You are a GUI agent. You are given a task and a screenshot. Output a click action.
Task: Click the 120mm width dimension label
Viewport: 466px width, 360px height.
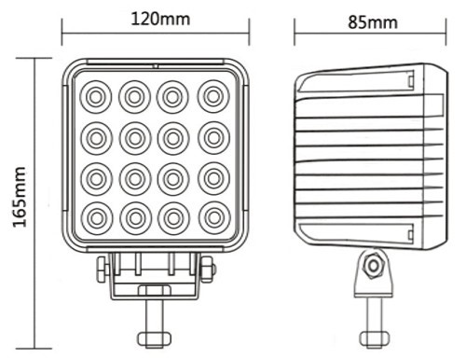pyautogui.click(x=160, y=19)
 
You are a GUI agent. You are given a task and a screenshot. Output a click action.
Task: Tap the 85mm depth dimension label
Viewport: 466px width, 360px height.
pyautogui.click(x=373, y=22)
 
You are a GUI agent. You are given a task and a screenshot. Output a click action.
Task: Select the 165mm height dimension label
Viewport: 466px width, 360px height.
pyautogui.click(x=20, y=197)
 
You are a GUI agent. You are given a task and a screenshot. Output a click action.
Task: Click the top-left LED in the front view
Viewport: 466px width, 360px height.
pyautogui.click(x=96, y=97)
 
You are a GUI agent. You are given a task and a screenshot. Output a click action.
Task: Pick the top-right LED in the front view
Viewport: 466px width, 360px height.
pyautogui.click(x=213, y=96)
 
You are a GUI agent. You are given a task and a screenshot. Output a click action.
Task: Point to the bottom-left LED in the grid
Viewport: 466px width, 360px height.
pyautogui.click(x=97, y=218)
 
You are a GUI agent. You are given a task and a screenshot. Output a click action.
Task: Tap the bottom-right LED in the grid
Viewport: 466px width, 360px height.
pyautogui.click(x=214, y=218)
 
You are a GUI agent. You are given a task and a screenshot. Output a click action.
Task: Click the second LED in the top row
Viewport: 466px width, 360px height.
pyautogui.click(x=134, y=97)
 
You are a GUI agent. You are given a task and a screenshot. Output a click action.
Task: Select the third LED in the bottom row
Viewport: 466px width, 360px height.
pyautogui.click(x=173, y=218)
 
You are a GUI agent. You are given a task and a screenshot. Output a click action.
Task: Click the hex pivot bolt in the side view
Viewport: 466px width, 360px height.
pyautogui.click(x=373, y=266)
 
